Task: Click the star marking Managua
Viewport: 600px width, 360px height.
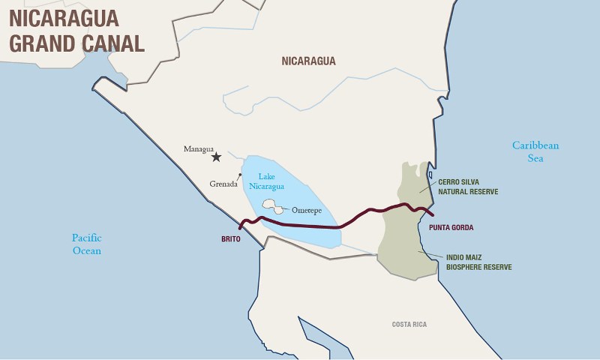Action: point(217,157)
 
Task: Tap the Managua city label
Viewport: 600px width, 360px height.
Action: point(199,148)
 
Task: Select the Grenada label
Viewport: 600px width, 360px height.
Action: point(223,184)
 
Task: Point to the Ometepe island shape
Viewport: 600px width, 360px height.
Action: point(270,205)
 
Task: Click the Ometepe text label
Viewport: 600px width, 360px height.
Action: point(307,210)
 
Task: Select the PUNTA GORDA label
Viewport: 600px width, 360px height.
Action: point(451,227)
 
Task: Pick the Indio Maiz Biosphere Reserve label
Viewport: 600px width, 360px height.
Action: point(478,262)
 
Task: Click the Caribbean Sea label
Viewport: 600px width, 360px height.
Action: point(535,151)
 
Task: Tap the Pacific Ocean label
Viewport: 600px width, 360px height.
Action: point(86,244)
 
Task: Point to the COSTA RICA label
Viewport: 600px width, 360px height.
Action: point(409,324)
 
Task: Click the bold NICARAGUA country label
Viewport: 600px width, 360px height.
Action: point(308,61)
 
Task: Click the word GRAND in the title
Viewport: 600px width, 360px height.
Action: point(41,43)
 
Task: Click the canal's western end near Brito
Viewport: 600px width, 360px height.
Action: point(240,227)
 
